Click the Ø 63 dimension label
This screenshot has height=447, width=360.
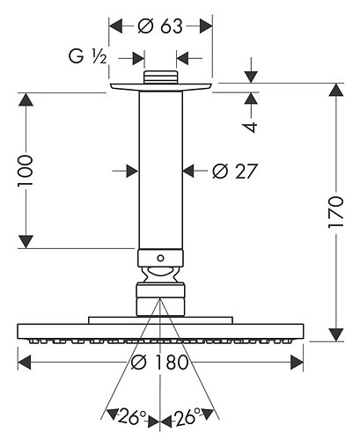point(160,26)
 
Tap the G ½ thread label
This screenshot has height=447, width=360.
point(87,56)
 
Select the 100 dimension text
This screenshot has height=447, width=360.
point(25,171)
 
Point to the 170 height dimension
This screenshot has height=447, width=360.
point(335,212)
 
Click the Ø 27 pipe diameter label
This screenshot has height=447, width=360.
point(235,171)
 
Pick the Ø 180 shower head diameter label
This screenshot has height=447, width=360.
point(159,362)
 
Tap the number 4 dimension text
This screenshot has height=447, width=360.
point(250,127)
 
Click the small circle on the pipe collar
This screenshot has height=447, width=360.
point(160,258)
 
